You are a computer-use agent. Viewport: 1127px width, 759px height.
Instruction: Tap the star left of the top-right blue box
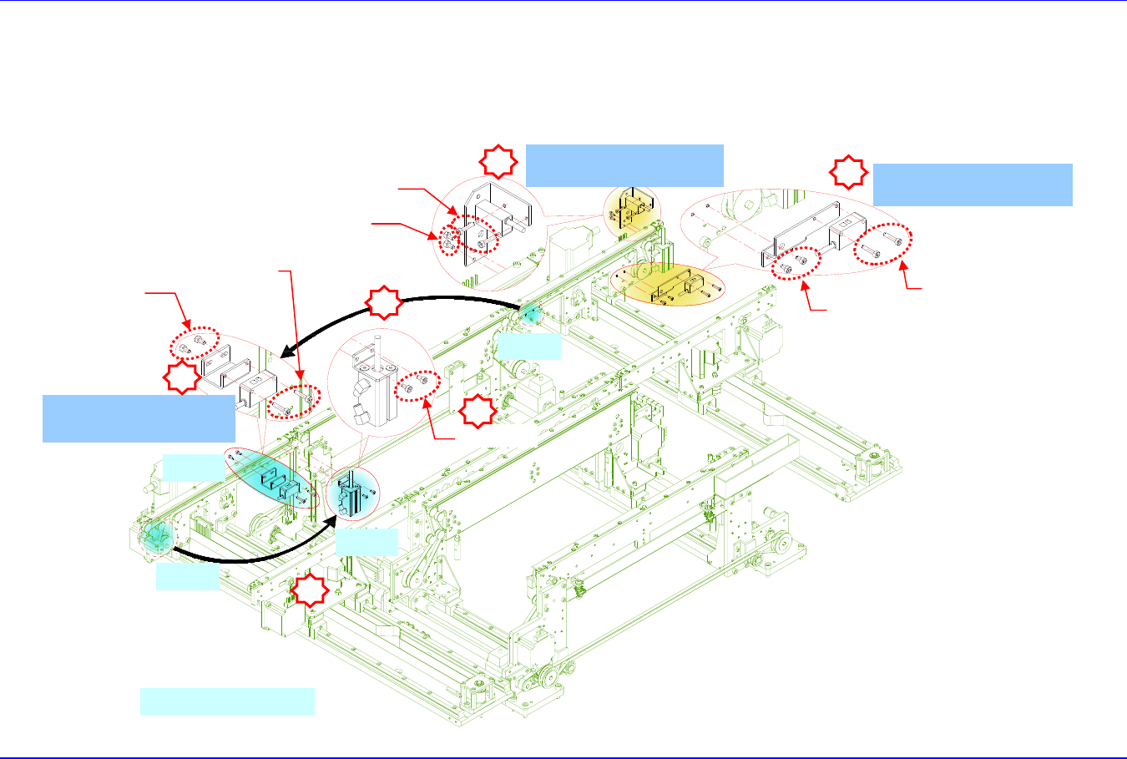click(847, 172)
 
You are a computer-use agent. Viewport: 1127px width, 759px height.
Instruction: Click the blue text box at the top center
click(624, 164)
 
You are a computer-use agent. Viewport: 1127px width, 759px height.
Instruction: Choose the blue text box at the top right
click(972, 185)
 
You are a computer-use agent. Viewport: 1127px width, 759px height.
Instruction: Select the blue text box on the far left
click(139, 418)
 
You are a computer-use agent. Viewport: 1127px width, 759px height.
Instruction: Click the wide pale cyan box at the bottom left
click(227, 701)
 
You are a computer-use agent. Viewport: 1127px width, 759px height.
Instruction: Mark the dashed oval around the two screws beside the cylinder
click(417, 385)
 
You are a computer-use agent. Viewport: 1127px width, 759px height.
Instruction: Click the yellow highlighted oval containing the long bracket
click(667, 284)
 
